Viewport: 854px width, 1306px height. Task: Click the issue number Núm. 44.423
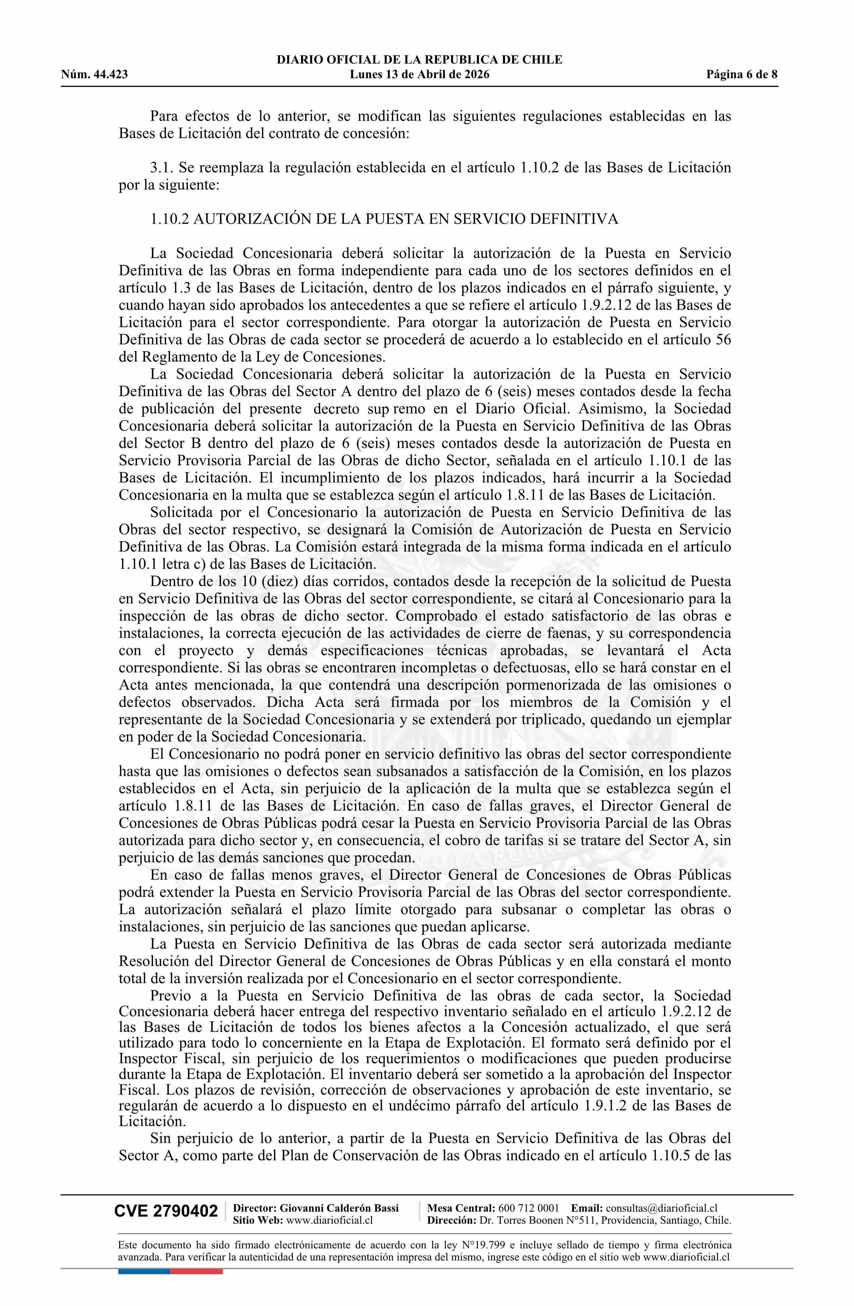pyautogui.click(x=94, y=75)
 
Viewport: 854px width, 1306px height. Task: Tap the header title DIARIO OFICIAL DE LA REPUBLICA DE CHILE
pyautogui.click(x=419, y=60)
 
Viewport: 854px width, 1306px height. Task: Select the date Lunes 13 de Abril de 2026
pyautogui.click(x=419, y=75)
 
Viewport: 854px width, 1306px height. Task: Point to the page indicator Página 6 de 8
pyautogui.click(x=742, y=75)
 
